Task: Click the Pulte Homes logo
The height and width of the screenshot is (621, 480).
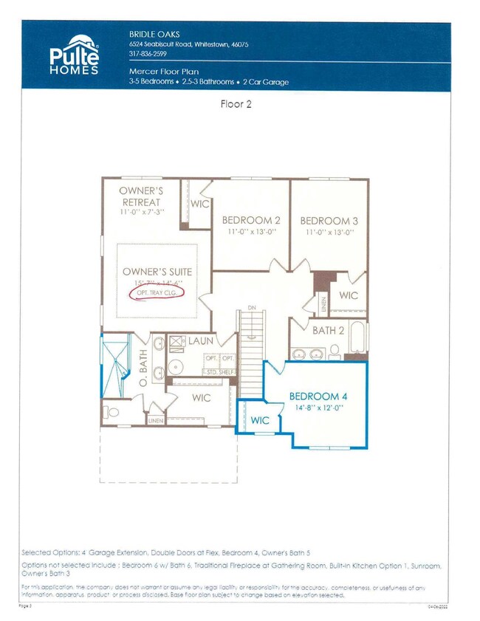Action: tap(75, 55)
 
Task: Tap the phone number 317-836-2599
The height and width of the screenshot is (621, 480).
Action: tap(148, 54)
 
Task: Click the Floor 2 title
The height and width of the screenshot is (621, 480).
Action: tap(236, 104)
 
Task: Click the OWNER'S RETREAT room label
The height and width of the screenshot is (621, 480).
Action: tap(141, 196)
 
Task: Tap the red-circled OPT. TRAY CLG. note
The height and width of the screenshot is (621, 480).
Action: tap(155, 293)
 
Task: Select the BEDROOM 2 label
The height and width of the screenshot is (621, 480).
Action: tap(251, 220)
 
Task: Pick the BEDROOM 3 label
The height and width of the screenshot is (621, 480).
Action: tap(329, 220)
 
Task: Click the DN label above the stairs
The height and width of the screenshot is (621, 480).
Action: tap(252, 307)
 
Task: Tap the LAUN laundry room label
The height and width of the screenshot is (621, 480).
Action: tap(200, 341)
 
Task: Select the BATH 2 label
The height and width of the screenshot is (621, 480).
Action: tap(327, 330)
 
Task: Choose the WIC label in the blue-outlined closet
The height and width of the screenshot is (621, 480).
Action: tap(260, 419)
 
